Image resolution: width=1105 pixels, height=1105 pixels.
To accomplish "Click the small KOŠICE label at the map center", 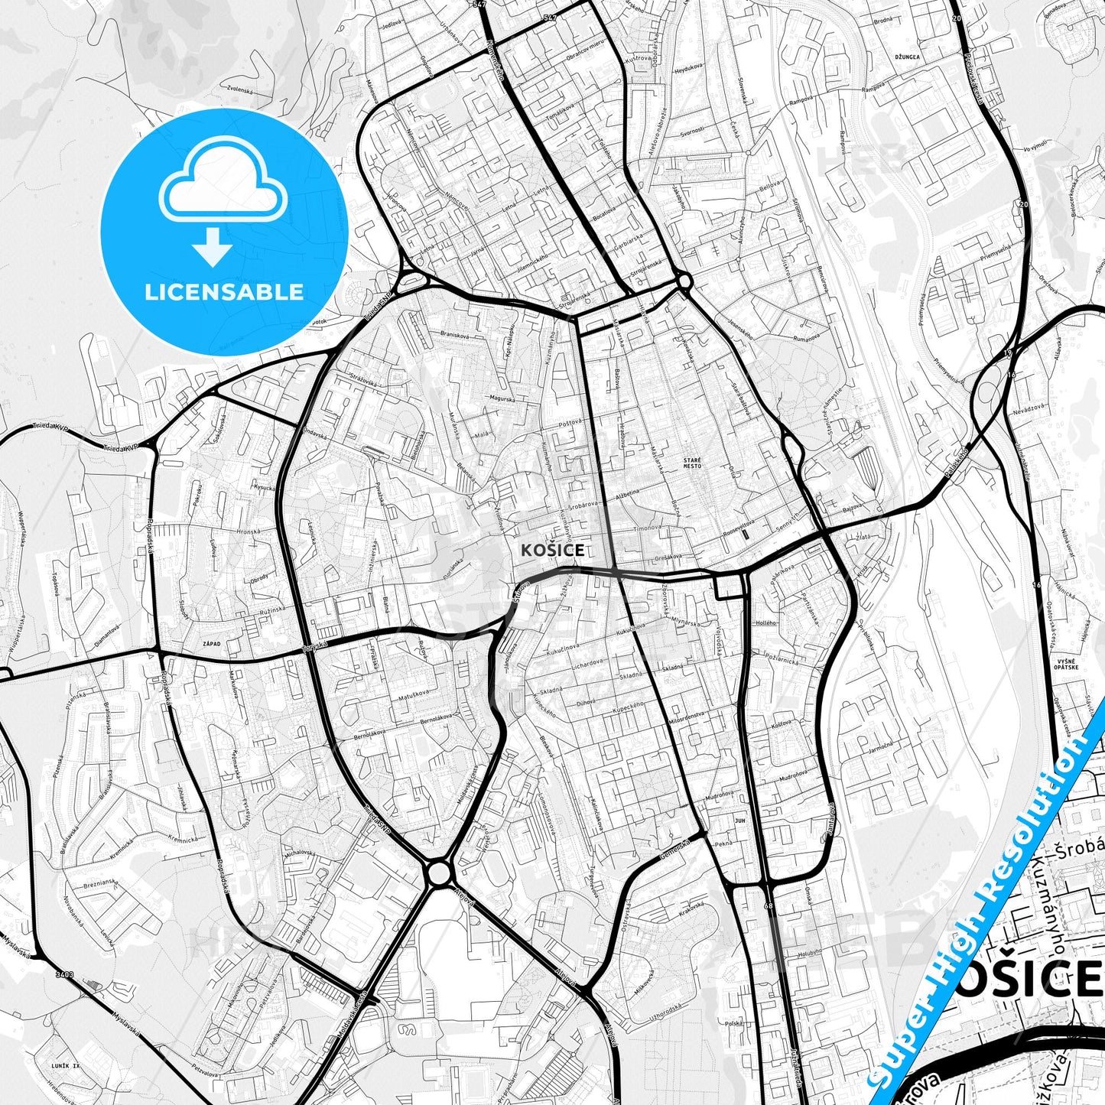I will tap(552, 550).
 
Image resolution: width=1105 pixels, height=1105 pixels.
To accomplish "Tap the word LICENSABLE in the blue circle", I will tap(224, 291).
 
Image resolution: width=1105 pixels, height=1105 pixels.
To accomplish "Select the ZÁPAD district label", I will tap(211, 644).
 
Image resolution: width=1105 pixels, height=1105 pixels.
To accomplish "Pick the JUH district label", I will tap(739, 821).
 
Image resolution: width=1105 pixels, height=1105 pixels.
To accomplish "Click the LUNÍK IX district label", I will tap(65, 1065).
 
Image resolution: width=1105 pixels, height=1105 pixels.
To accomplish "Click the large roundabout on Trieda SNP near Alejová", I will tap(438, 872).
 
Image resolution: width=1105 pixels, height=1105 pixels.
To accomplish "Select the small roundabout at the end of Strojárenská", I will tap(684, 281).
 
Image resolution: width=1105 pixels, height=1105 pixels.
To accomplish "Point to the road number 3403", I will tap(64, 974).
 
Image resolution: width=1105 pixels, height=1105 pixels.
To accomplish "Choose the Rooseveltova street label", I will tap(740, 523).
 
